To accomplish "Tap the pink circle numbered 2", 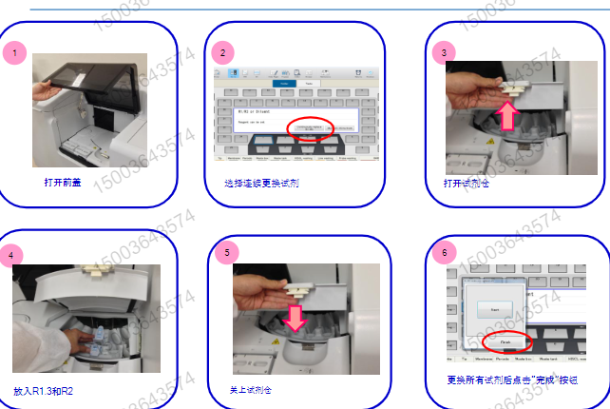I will [222, 52].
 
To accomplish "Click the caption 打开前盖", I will [62, 181].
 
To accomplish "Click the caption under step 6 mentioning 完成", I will [513, 380].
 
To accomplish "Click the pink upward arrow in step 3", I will [508, 115].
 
